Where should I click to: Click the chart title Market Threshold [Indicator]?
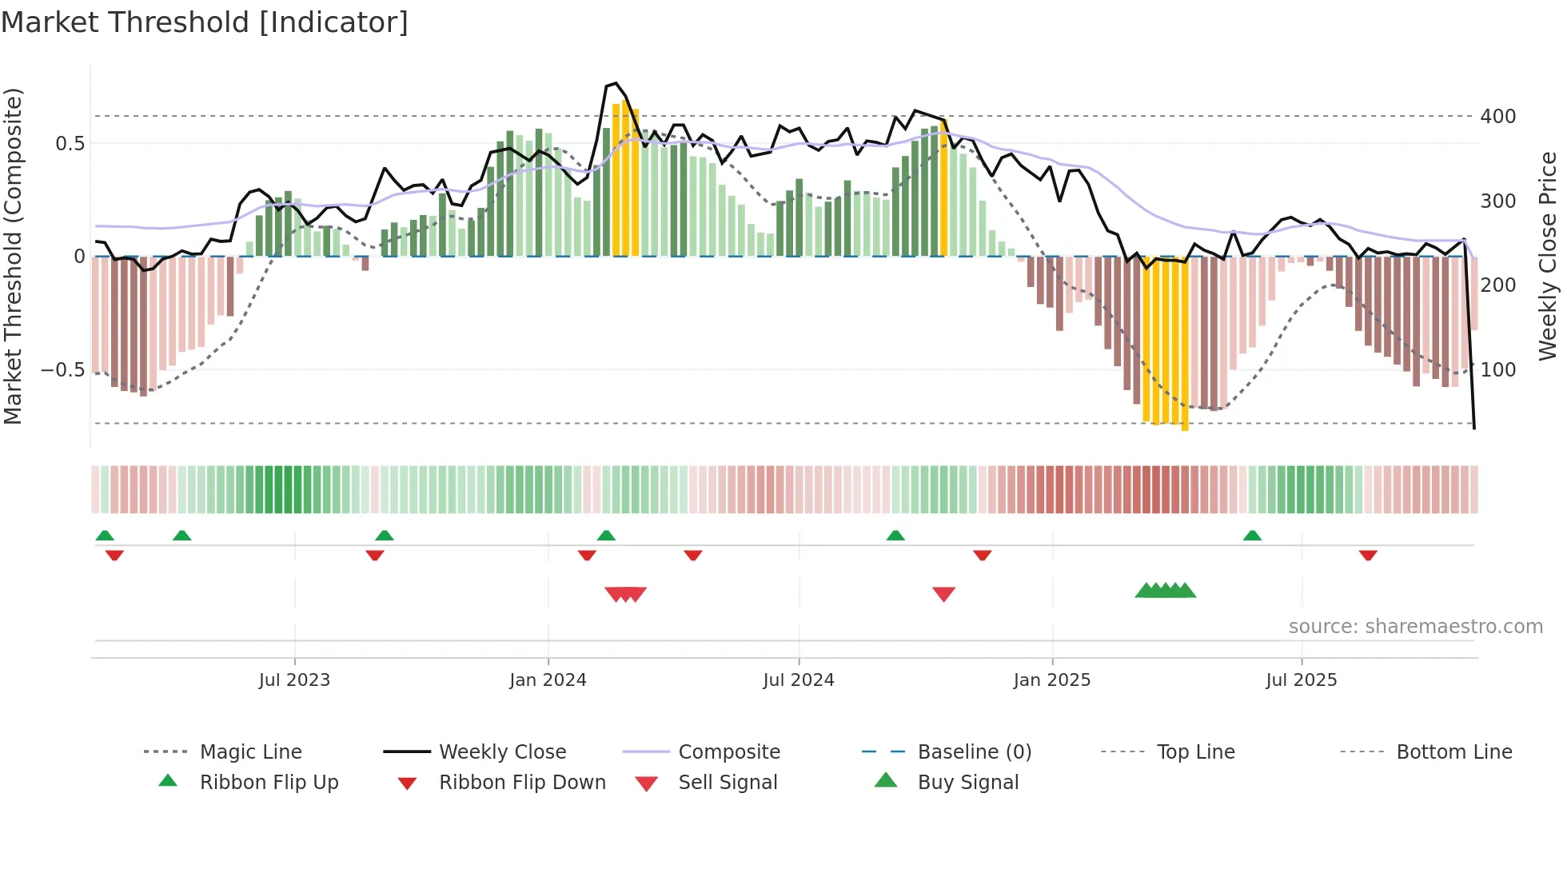(x=205, y=22)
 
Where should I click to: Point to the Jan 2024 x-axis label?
(x=548, y=680)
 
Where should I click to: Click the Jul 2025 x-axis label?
(x=1301, y=680)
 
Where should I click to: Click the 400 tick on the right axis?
(x=1497, y=117)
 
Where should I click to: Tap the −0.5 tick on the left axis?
(x=62, y=370)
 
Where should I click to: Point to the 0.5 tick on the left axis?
(x=70, y=144)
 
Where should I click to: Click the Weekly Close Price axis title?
(x=1548, y=256)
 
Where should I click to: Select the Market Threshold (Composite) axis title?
(x=13, y=256)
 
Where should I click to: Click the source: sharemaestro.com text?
(x=1415, y=627)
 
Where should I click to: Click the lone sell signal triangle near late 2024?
(x=943, y=594)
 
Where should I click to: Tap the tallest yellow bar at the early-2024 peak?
(x=625, y=180)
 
